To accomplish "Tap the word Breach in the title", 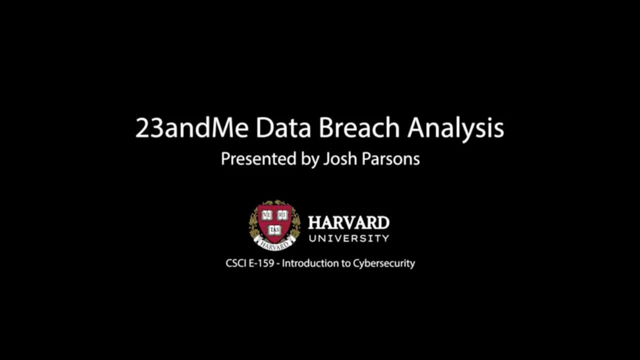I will tap(359, 128).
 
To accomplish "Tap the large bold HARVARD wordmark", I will tap(348, 222).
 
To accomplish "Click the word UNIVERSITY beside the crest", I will tap(348, 238).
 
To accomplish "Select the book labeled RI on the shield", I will tap(282, 215).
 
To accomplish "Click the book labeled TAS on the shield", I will tap(274, 229).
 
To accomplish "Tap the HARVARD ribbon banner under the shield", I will tap(274, 244).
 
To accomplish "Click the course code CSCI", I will tap(235, 263).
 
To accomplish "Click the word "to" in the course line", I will tap(346, 263).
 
